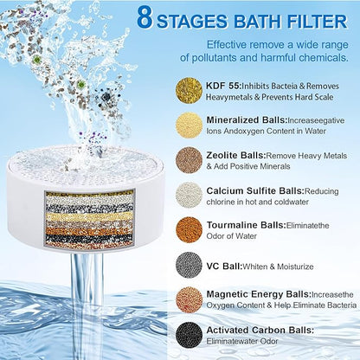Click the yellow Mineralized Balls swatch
(190, 126)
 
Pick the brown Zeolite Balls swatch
(190, 162)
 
